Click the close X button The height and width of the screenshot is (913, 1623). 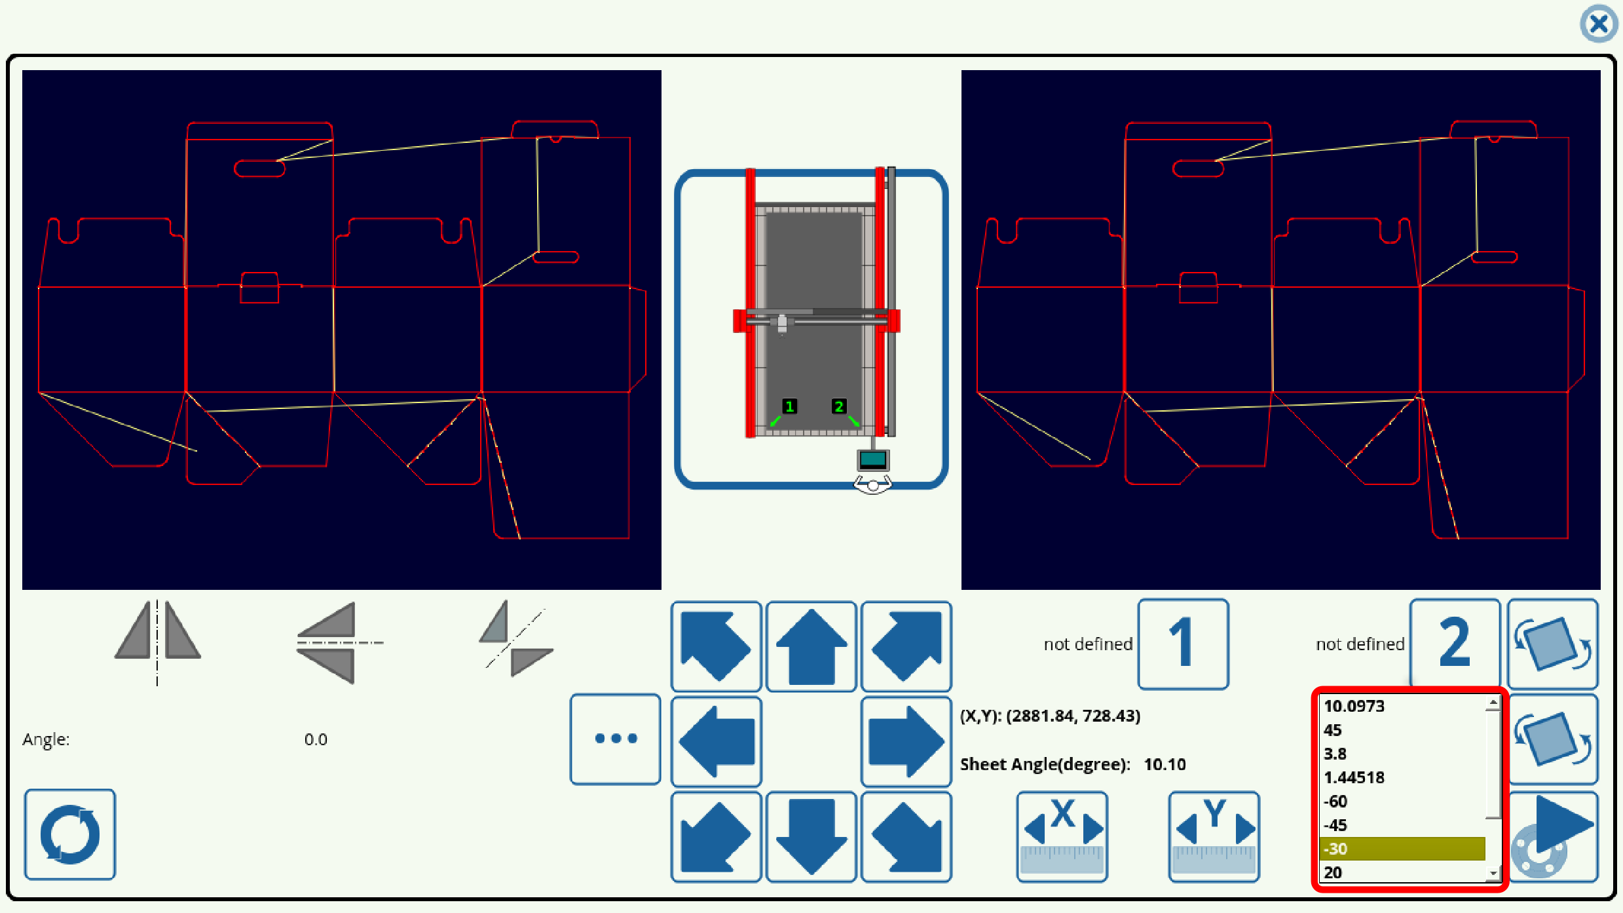coord(1598,24)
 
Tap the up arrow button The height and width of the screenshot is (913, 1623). coord(811,646)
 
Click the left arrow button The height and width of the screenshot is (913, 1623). coord(716,741)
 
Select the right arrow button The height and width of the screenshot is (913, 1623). coord(906,741)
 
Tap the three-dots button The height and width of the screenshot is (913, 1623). coord(615,739)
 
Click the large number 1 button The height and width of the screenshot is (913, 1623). coord(1183,644)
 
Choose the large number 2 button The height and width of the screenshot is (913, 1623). coord(1454,644)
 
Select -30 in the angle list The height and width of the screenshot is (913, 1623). coord(1402,849)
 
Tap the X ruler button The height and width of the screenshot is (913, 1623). coord(1062,836)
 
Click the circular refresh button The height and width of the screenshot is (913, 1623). coord(70,834)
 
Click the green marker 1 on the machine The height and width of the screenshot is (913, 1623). coord(789,406)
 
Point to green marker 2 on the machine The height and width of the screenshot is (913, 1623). coord(838,406)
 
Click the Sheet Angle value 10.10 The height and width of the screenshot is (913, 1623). coord(1165,764)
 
